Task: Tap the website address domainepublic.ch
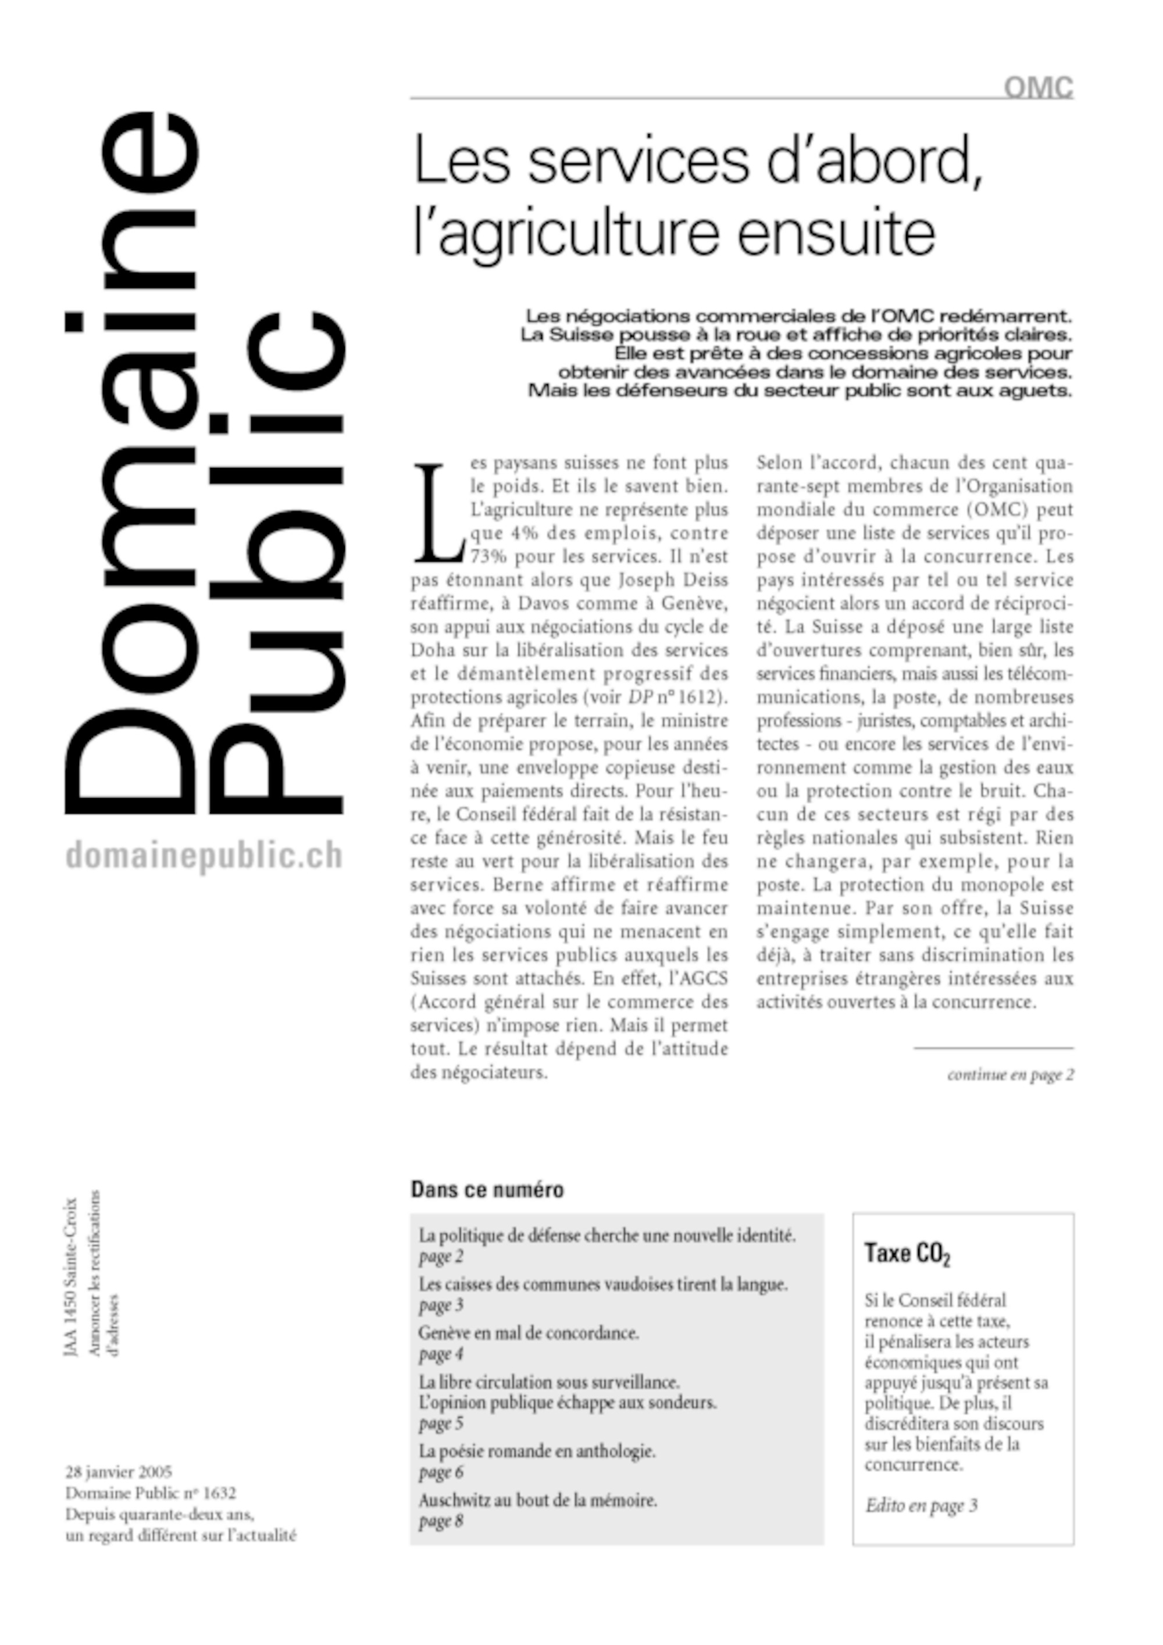pyautogui.click(x=204, y=856)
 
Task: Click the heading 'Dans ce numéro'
pyautogui.click(x=487, y=1190)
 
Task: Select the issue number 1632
pyautogui.click(x=219, y=1493)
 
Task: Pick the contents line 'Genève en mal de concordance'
pyautogui.click(x=528, y=1333)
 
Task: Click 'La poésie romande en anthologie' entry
pyautogui.click(x=537, y=1451)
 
